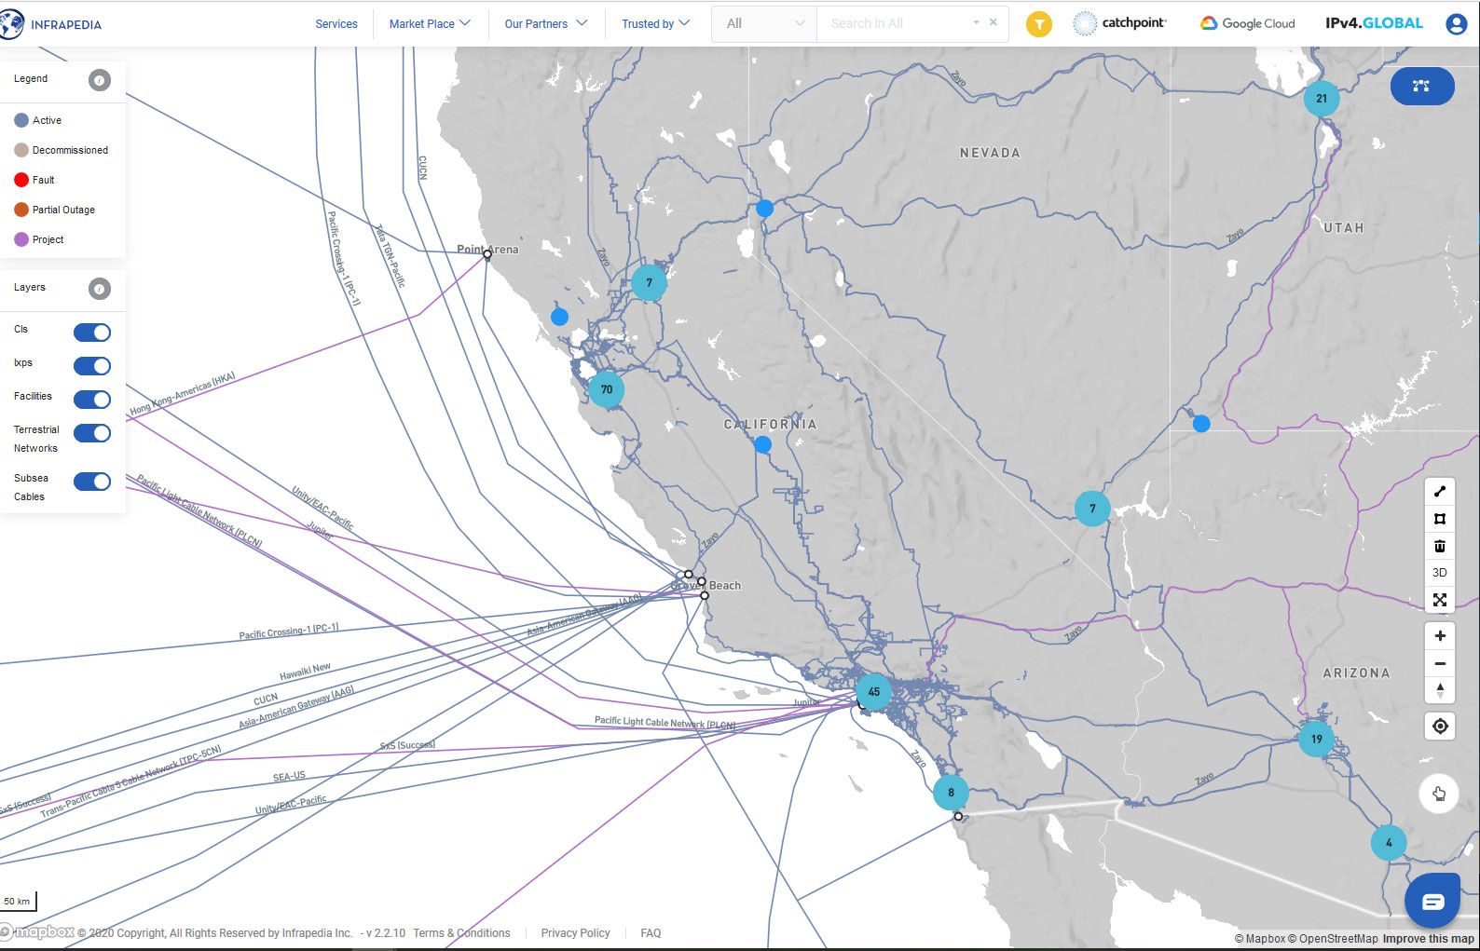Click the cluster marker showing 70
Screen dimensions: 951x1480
pyautogui.click(x=606, y=389)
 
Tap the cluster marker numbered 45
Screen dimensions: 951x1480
pyautogui.click(x=873, y=692)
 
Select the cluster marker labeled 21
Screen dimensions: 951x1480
pyautogui.click(x=1321, y=99)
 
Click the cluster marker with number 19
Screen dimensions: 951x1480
pyautogui.click(x=1316, y=739)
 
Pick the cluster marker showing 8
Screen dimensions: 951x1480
pyautogui.click(x=951, y=793)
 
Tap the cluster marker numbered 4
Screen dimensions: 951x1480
pyautogui.click(x=1388, y=843)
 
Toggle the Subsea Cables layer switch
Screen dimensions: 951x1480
pyautogui.click(x=92, y=482)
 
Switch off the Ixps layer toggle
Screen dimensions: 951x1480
pyautogui.click(x=92, y=366)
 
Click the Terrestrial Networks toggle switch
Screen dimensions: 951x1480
pyautogui.click(x=92, y=433)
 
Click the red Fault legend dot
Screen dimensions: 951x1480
pyautogui.click(x=21, y=180)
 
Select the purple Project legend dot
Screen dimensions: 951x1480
pyautogui.click(x=21, y=239)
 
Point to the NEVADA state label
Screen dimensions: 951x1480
pyautogui.click(x=990, y=153)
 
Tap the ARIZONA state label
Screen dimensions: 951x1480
pyautogui.click(x=1356, y=672)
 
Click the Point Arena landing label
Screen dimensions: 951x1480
pyautogui.click(x=487, y=249)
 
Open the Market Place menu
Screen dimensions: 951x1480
pyautogui.click(x=430, y=24)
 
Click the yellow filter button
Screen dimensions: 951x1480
pyautogui.click(x=1038, y=24)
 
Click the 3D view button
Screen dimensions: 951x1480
pyautogui.click(x=1439, y=573)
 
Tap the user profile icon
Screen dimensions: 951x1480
pyautogui.click(x=1456, y=24)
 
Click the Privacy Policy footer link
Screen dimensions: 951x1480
pyautogui.click(x=575, y=933)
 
